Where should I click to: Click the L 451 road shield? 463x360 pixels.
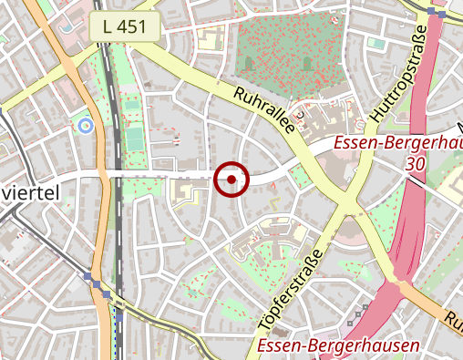[x=126, y=28]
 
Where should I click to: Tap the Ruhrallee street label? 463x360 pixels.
[x=266, y=111]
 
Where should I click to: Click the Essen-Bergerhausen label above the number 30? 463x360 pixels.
[x=399, y=144]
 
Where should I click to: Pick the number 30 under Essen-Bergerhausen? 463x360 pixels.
[x=417, y=164]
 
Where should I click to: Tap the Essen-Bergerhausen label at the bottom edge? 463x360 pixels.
[x=338, y=345]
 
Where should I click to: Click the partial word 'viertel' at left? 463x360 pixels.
[x=30, y=191]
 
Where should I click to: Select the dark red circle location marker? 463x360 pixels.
[x=231, y=180]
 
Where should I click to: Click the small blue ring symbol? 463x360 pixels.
[x=87, y=126]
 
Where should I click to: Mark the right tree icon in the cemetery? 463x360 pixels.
[x=308, y=63]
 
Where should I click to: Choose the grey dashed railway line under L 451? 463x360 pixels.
[x=112, y=137]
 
